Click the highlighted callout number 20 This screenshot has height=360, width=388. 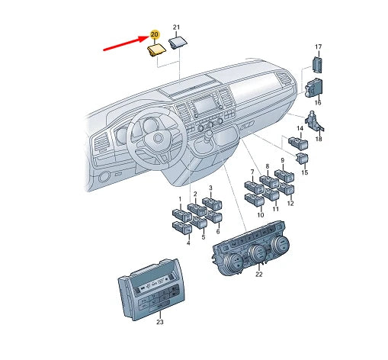pos(155,34)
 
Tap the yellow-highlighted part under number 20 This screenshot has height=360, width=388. pos(157,50)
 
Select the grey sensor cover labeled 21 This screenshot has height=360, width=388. pos(178,43)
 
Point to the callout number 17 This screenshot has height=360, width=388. pos(318,47)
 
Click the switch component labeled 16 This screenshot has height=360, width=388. pos(314,88)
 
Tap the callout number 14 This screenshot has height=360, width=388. pos(300,128)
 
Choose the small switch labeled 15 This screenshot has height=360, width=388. pos(302,159)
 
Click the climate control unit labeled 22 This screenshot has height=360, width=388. pos(251,249)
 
